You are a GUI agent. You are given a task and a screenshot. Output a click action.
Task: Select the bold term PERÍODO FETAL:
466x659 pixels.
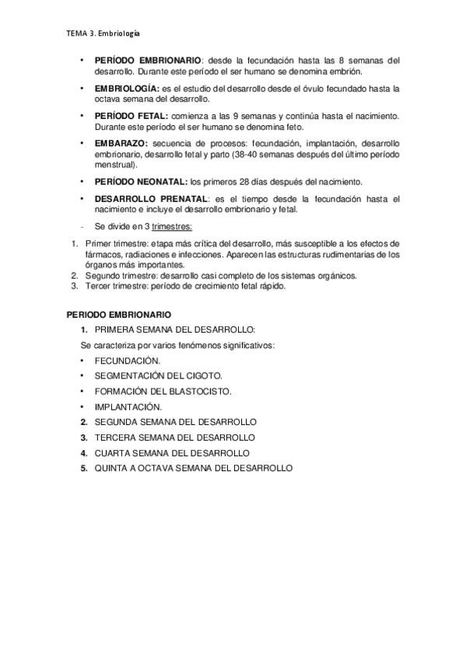(128, 116)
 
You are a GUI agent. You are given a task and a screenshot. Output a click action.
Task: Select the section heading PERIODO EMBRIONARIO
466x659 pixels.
(117, 317)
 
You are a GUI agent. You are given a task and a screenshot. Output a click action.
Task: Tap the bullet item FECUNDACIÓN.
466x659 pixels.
(128, 361)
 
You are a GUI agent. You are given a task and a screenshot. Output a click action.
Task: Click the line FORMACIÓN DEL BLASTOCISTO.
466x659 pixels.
(163, 391)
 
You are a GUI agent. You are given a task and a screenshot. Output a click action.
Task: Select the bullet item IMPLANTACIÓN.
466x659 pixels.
(128, 406)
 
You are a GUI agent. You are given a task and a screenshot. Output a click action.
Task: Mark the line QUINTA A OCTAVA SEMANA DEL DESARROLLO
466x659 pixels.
(193, 468)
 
